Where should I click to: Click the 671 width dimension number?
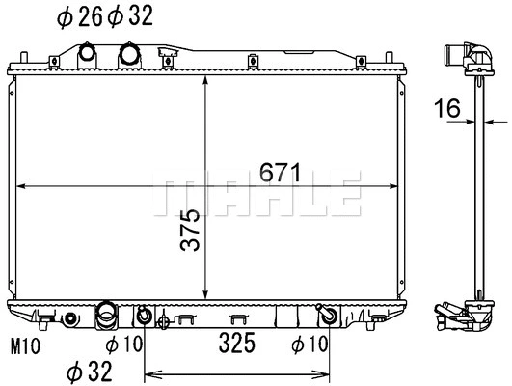point(280,173)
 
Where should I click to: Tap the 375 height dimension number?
point(190,230)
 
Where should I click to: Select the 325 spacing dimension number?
point(237,343)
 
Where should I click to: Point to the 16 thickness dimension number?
point(447,108)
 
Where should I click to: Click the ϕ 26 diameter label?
point(80,16)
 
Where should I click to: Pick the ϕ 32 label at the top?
point(130,16)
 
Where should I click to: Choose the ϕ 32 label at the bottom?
point(90,372)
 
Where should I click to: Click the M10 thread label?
point(25,346)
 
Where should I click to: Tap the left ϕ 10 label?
point(124,344)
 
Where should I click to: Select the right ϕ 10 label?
point(310,344)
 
